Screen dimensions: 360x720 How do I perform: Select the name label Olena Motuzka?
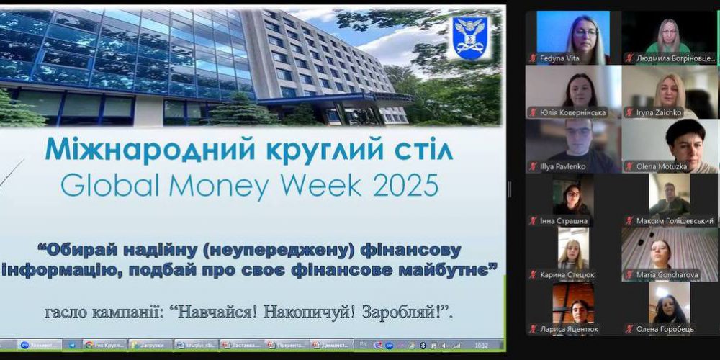[663, 166]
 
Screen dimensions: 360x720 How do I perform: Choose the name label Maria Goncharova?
[666, 274]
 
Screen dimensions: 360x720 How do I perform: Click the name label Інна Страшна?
[564, 220]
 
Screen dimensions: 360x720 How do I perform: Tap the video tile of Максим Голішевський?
[670, 194]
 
